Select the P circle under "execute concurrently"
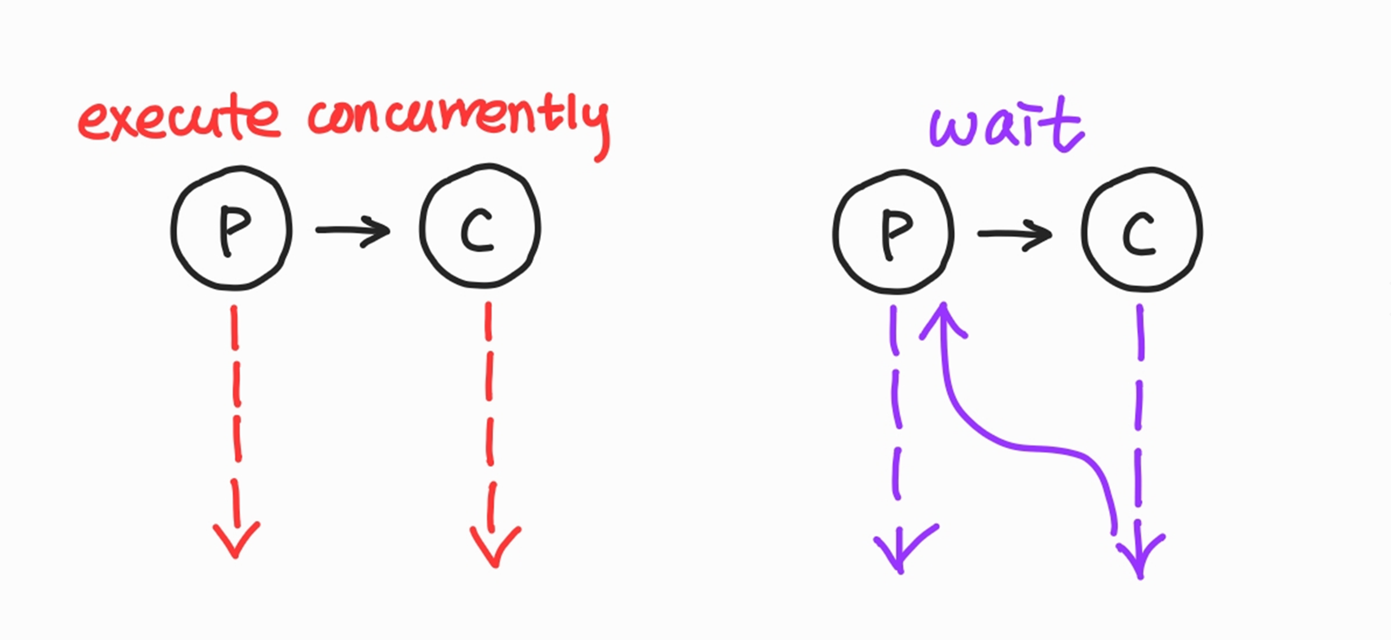tap(232, 228)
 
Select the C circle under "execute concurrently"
tap(480, 225)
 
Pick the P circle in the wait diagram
tap(893, 232)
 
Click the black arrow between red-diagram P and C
tap(353, 231)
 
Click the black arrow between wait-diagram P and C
tap(1015, 235)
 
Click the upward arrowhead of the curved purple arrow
tap(943, 318)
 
